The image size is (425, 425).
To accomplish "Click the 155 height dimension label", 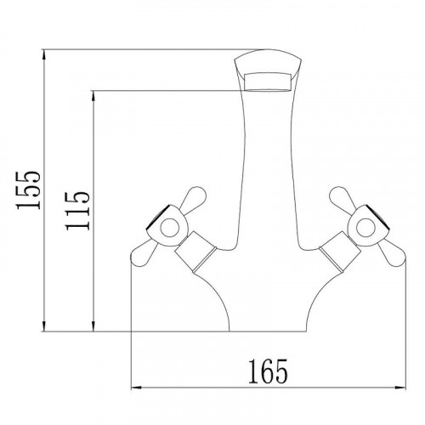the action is pyautogui.click(x=28, y=190).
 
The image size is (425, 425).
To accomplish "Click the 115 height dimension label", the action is pyautogui.click(x=77, y=211).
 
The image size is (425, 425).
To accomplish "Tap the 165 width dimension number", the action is pyautogui.click(x=268, y=371).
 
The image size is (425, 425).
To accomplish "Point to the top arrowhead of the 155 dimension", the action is pyautogui.click(x=43, y=54).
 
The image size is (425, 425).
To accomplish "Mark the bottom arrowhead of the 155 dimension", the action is pyautogui.click(x=43, y=326).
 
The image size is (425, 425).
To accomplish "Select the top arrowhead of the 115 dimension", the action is pyautogui.click(x=93, y=96).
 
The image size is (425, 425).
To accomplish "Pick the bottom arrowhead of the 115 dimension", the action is pyautogui.click(x=93, y=326).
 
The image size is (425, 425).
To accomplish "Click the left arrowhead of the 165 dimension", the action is pyautogui.click(x=137, y=388).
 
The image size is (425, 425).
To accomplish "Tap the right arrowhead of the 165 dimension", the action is pyautogui.click(x=400, y=388).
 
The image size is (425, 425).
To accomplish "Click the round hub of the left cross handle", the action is pyautogui.click(x=170, y=228).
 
